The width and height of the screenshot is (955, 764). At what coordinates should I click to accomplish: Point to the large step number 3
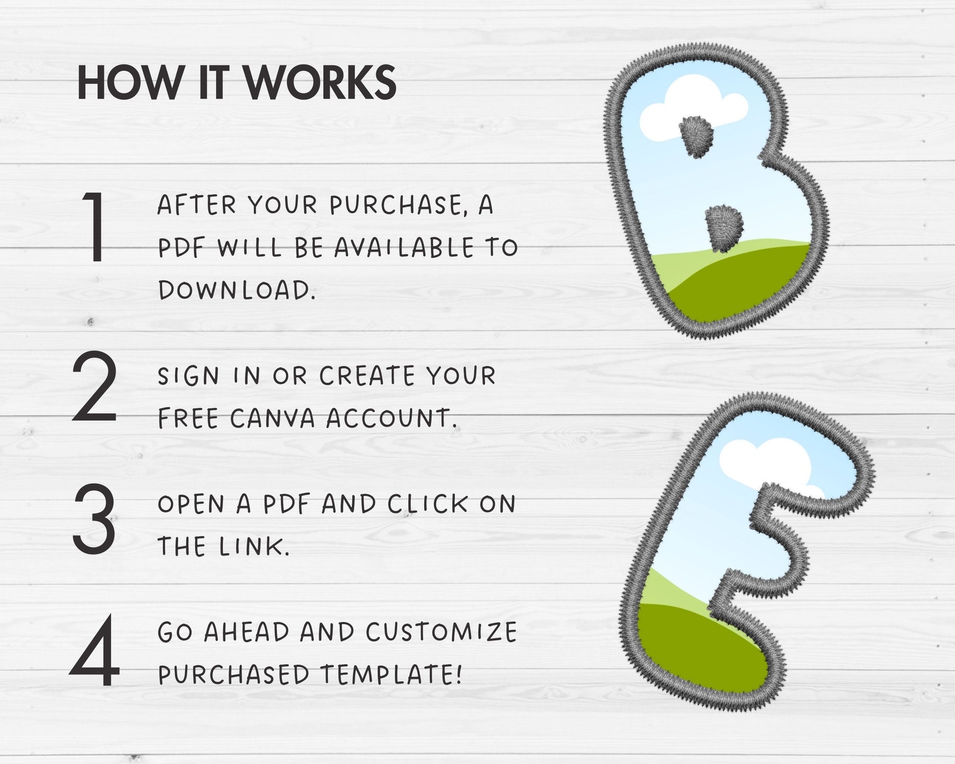pyautogui.click(x=94, y=520)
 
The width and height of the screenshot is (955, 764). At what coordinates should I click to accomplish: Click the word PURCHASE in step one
pyautogui.click(x=395, y=205)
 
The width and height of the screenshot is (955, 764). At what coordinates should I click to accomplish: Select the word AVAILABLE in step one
pyautogui.click(x=404, y=247)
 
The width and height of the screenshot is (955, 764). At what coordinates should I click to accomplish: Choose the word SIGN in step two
pyautogui.click(x=188, y=376)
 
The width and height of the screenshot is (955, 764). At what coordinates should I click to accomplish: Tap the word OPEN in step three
pyautogui.click(x=190, y=504)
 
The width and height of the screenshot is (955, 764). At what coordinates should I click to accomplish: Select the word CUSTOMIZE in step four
pyautogui.click(x=441, y=632)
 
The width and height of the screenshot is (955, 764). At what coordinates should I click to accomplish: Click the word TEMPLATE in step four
pyautogui.click(x=392, y=674)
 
